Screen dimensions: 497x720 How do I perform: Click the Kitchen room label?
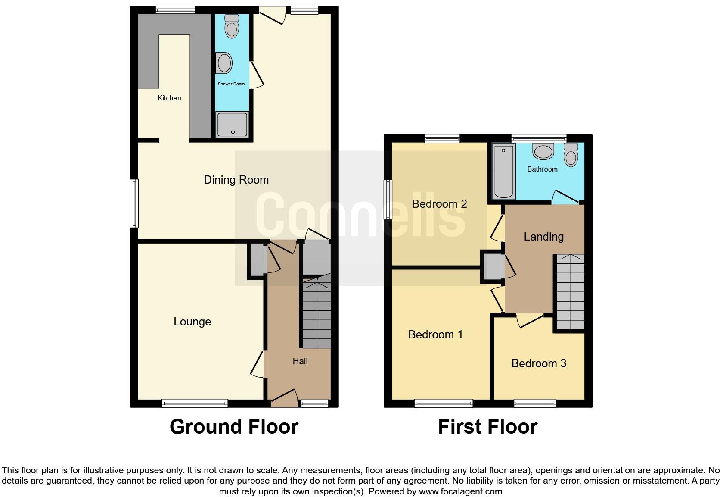169,98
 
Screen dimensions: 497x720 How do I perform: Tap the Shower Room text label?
231,84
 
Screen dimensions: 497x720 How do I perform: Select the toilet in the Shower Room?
232,27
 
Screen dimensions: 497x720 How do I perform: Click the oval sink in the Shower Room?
224,63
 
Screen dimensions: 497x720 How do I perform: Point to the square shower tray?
233,124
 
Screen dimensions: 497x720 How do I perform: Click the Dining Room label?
236,180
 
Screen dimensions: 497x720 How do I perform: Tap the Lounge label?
192,322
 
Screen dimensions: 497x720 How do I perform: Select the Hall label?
300,361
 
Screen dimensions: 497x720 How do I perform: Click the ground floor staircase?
317,315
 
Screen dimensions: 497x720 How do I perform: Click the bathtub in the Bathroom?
504,172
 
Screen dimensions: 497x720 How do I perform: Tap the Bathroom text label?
542,169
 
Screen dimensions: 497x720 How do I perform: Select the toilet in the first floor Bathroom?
571,155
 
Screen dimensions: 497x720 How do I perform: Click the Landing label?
543,237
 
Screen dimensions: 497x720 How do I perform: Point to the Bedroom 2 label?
439,204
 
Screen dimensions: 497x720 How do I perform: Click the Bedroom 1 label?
435,334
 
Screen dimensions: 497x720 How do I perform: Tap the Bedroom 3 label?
539,363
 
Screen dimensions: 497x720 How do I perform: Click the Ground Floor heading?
234,427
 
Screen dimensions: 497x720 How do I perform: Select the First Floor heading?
487,427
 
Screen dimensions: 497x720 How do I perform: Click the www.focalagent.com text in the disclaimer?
460,491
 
